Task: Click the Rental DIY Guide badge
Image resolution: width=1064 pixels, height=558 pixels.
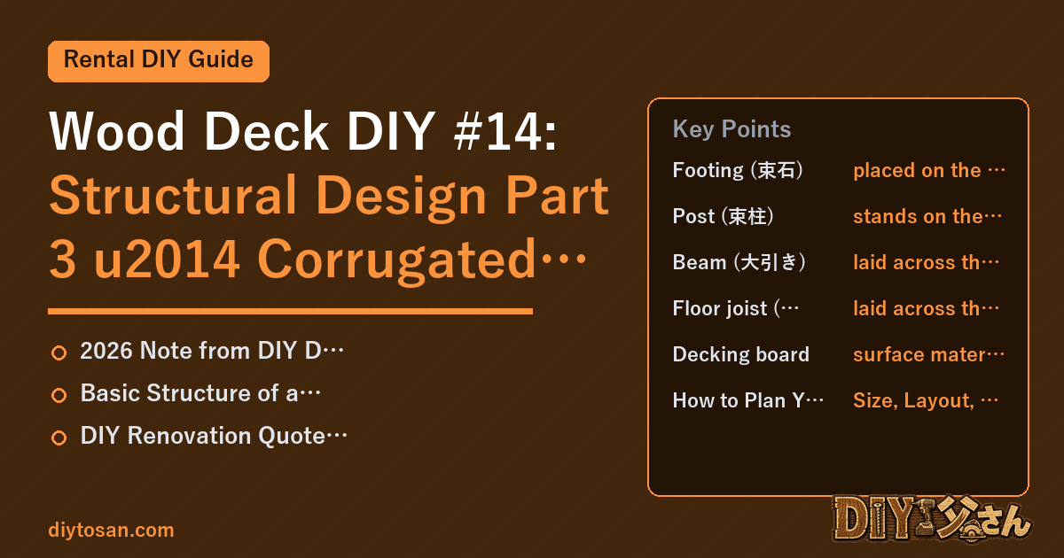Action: click(159, 61)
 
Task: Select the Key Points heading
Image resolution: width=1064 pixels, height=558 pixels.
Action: click(731, 129)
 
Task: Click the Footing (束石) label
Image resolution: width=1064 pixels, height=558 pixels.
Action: click(738, 170)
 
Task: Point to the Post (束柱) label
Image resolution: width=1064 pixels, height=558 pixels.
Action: click(723, 216)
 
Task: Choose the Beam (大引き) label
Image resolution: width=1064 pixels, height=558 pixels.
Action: click(739, 262)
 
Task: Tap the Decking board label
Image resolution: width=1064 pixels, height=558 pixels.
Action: click(741, 354)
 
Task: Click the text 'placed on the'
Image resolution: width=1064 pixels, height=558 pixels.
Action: click(917, 170)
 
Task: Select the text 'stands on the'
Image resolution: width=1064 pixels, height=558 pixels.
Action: click(918, 216)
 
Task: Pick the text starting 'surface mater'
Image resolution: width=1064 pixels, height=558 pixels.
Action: click(928, 354)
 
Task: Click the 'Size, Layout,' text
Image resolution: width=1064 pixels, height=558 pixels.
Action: click(914, 401)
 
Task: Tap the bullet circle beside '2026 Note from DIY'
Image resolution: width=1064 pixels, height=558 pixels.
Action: click(59, 353)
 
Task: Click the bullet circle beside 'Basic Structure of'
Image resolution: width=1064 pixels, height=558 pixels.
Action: click(59, 395)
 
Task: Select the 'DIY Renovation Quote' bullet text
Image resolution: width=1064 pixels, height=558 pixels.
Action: click(214, 436)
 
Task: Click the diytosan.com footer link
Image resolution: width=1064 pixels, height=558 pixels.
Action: click(111, 530)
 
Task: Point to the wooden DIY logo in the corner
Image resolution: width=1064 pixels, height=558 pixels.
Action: click(931, 519)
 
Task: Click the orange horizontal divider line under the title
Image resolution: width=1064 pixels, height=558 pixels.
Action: click(290, 311)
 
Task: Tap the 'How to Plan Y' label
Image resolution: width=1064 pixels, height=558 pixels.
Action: click(748, 401)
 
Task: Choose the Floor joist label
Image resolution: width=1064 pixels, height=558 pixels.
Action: click(736, 308)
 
